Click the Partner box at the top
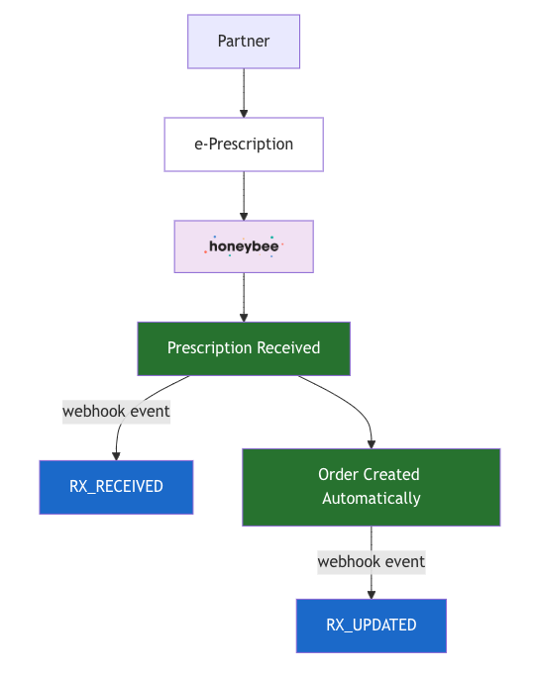click(x=244, y=42)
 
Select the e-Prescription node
click(x=244, y=145)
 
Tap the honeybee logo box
click(x=244, y=246)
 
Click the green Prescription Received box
click(x=244, y=348)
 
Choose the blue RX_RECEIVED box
click(x=116, y=487)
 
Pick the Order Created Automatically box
click(x=371, y=487)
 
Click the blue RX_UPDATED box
click(x=371, y=626)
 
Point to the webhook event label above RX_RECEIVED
click(x=116, y=411)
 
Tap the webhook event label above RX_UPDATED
click(x=371, y=561)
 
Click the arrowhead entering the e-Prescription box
click(x=244, y=113)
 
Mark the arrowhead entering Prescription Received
click(x=244, y=317)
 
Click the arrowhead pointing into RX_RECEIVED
click(x=116, y=455)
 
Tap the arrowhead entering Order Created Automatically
click(x=371, y=443)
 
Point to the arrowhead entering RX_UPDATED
click(x=371, y=594)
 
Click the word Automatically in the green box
click(x=371, y=499)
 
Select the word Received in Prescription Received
click(x=288, y=348)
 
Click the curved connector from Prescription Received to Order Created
click(x=347, y=401)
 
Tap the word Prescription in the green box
click(x=210, y=348)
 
